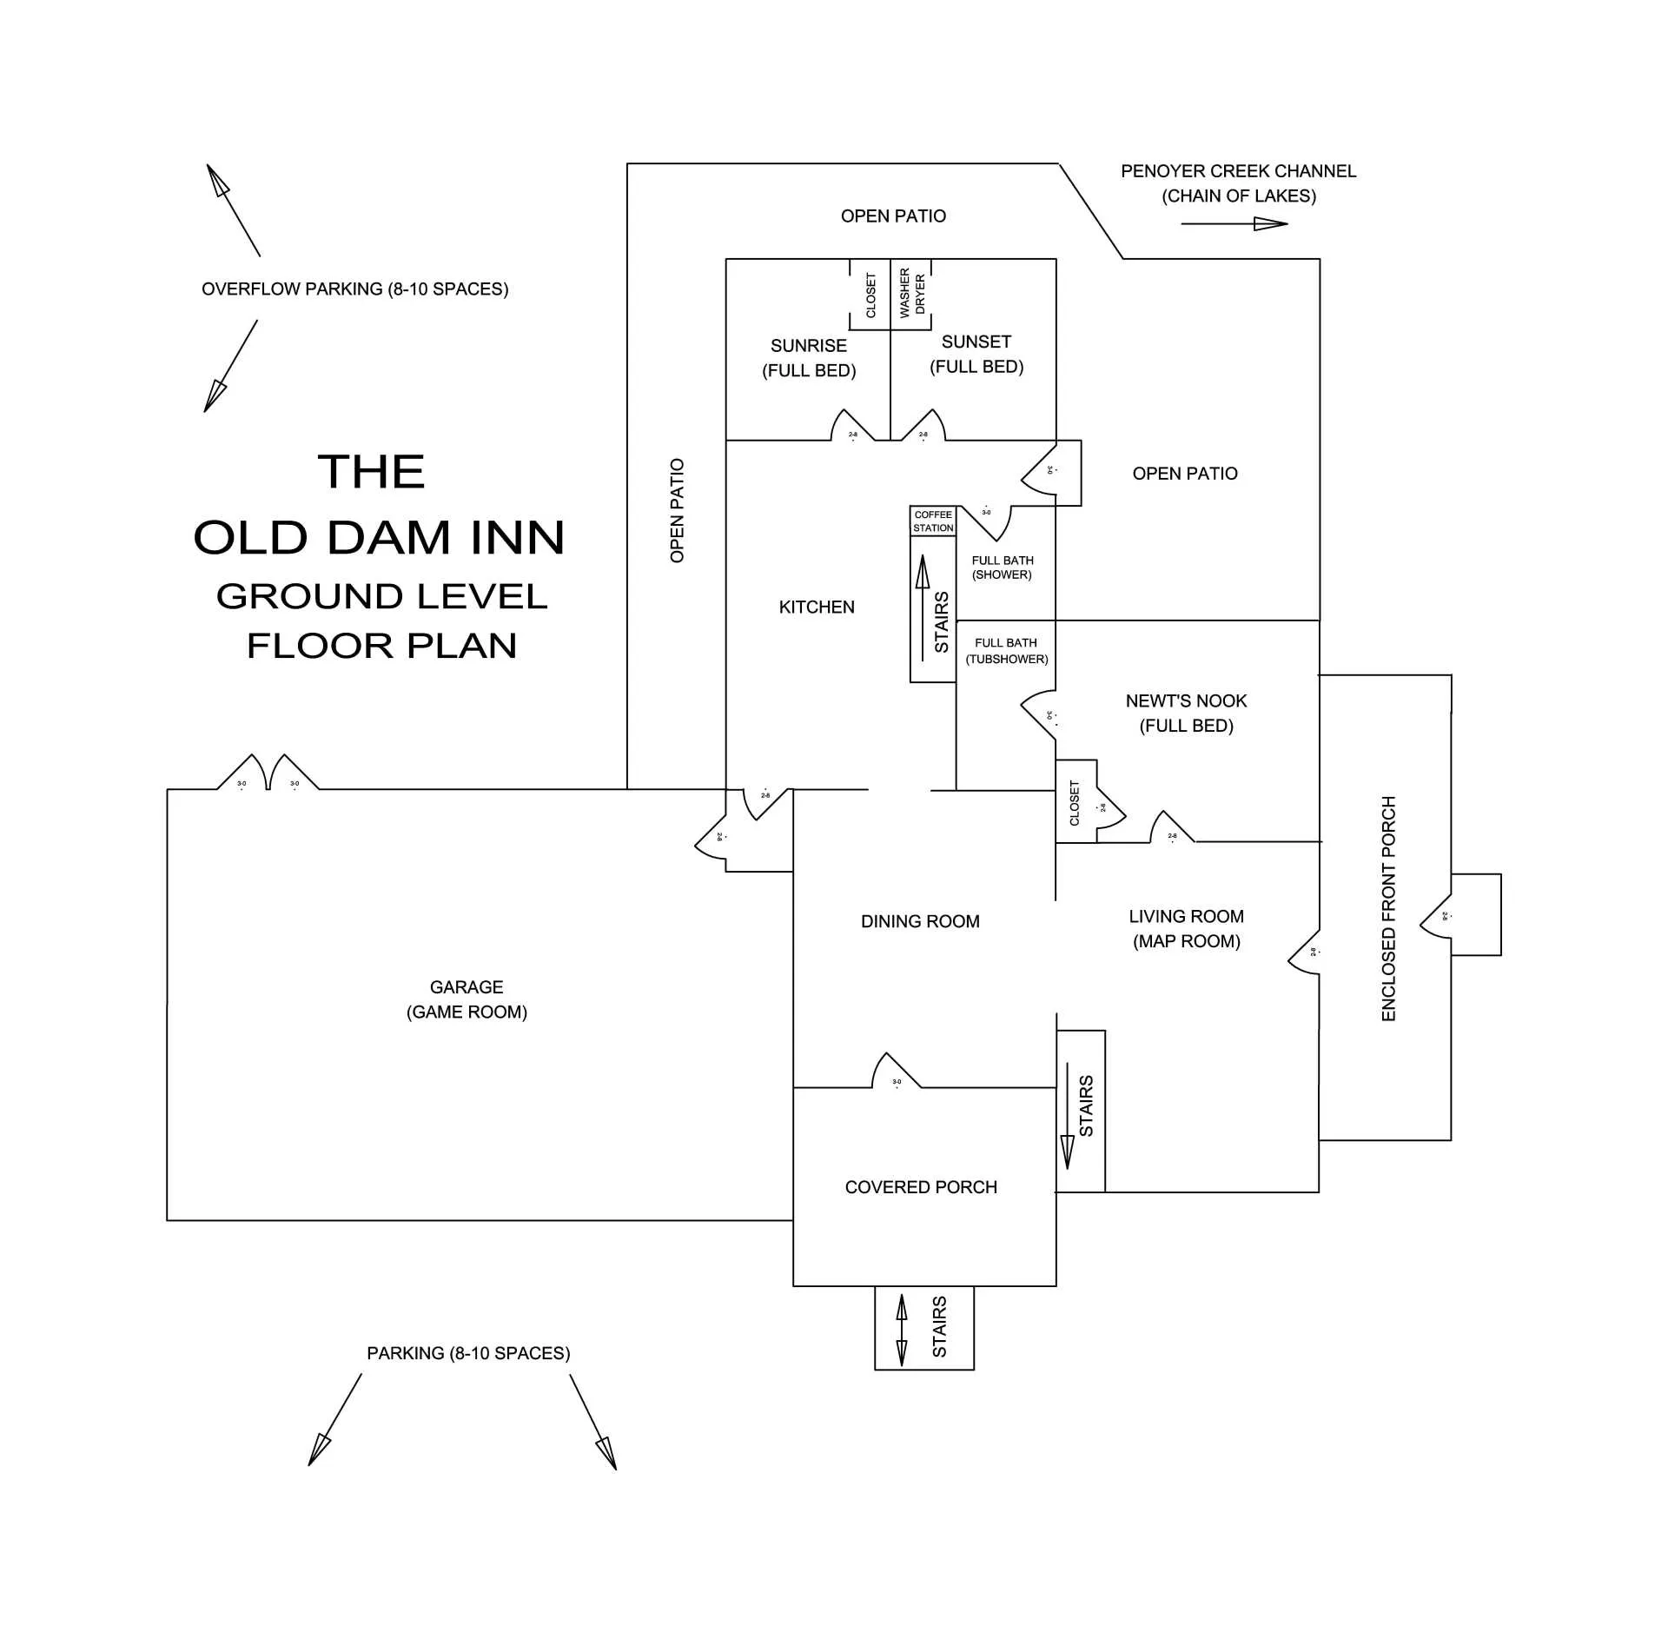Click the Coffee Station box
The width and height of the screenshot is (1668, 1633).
click(x=933, y=521)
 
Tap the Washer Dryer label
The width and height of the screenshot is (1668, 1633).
click(x=911, y=293)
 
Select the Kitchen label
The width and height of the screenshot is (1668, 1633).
click(x=817, y=607)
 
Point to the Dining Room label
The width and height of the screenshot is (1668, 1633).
click(x=920, y=922)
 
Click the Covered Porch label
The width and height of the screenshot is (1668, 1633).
click(x=921, y=1187)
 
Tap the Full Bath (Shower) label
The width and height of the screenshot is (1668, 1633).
click(x=1003, y=568)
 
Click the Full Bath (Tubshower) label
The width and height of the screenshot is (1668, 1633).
click(x=1006, y=651)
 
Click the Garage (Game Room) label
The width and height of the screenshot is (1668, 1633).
click(x=467, y=999)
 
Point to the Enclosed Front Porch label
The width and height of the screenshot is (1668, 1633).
click(x=1388, y=908)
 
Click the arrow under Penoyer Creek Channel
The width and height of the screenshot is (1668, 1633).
click(x=1234, y=224)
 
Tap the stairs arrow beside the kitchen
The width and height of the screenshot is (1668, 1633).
click(x=923, y=607)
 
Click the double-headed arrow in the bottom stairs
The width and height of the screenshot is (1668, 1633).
click(x=901, y=1330)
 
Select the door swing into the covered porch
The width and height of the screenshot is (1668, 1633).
click(x=895, y=1071)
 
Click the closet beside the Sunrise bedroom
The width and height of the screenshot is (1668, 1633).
click(x=870, y=295)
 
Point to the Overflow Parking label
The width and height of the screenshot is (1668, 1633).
click(x=354, y=289)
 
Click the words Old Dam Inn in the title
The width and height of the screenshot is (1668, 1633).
click(x=379, y=538)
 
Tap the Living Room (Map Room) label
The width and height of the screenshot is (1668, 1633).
click(x=1186, y=929)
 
